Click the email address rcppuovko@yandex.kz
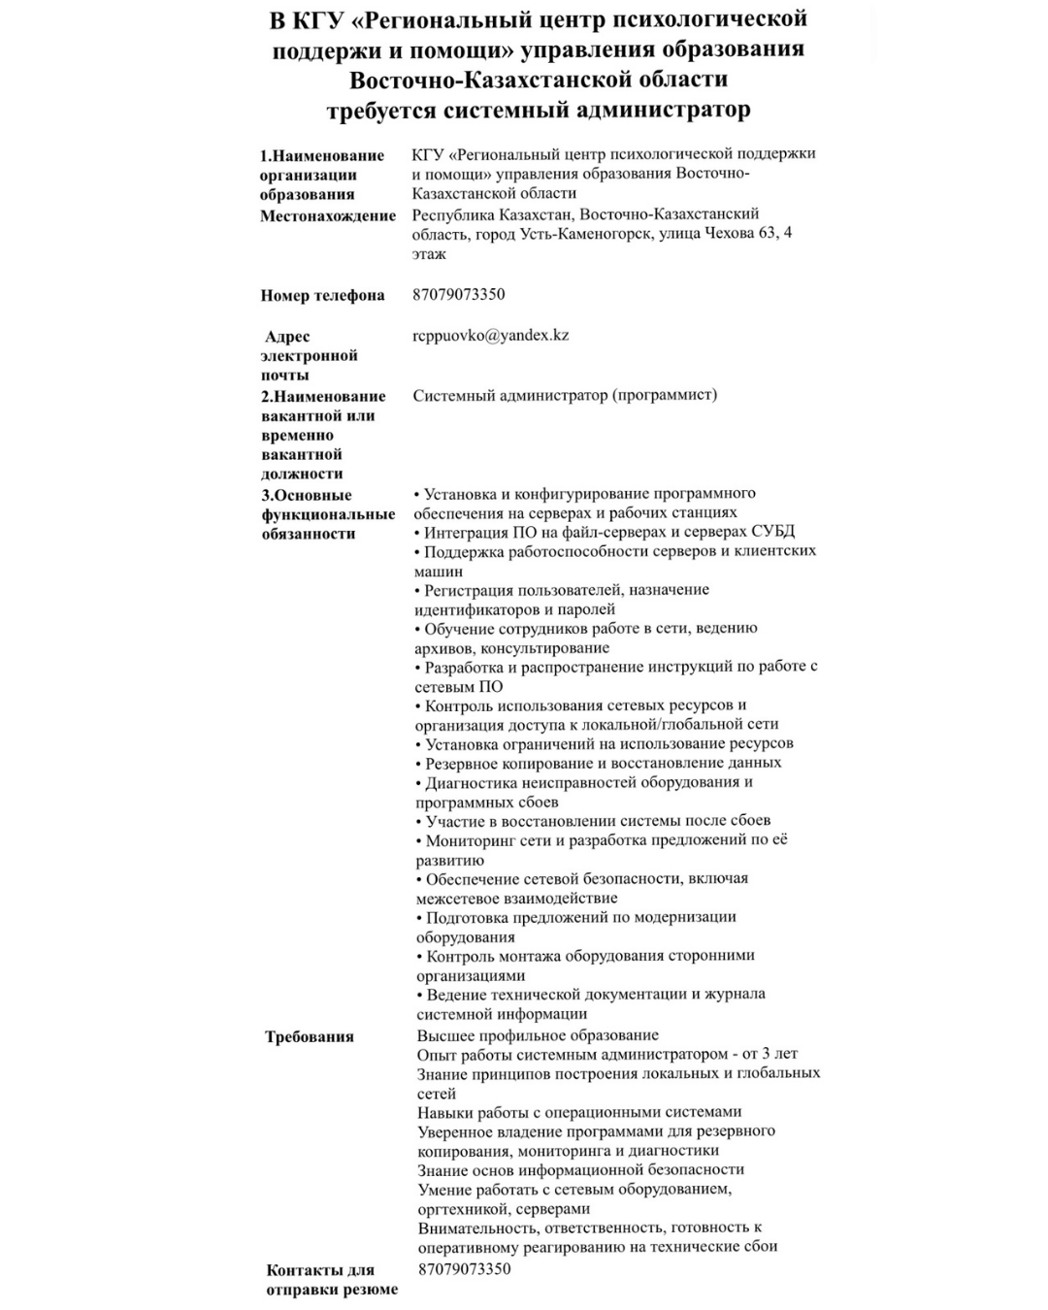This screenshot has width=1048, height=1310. pyautogui.click(x=491, y=336)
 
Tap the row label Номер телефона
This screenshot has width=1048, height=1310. pyautogui.click(x=322, y=295)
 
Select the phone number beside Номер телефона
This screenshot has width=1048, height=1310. pyautogui.click(x=459, y=294)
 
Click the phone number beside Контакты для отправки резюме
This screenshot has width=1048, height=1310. pyautogui.click(x=465, y=1268)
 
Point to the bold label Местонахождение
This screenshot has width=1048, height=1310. pyautogui.click(x=328, y=215)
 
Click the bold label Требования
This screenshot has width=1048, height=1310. pyautogui.click(x=310, y=1036)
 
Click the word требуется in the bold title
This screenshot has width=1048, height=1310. pyautogui.click(x=381, y=110)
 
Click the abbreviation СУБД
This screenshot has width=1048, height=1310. pyautogui.click(x=772, y=532)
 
